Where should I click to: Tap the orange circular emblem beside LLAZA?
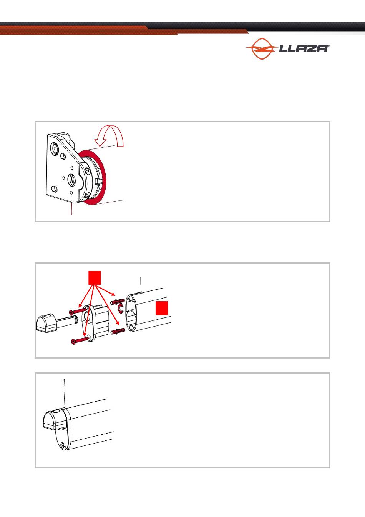coord(262,49)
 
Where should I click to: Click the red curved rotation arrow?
coord(109,136)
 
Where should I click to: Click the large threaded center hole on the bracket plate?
coord(71,179)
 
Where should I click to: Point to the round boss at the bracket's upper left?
coord(55,148)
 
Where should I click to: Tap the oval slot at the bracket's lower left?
coord(55,189)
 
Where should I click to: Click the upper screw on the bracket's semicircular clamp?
coord(87,171)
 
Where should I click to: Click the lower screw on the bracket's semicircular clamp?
coord(86,195)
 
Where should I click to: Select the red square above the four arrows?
coord(95,278)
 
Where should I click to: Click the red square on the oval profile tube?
coord(162,308)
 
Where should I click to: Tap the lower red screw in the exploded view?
coord(80,340)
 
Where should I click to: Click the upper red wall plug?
coord(118,302)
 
